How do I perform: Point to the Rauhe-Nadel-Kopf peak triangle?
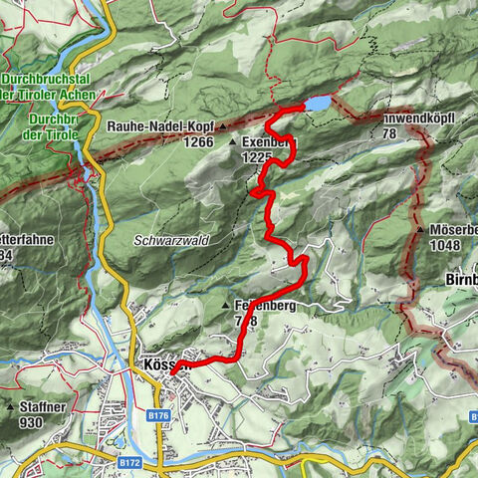tap(221, 125)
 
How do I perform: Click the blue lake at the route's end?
tap(318, 104)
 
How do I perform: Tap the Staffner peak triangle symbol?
tap(9, 407)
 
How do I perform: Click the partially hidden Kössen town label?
tap(160, 365)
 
